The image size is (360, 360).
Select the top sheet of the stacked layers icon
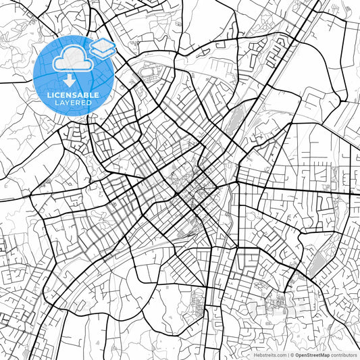(x=103, y=44)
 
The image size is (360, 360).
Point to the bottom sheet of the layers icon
(x=103, y=53)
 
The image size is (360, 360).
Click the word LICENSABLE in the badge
(x=73, y=95)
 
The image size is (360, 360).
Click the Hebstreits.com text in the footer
(x=268, y=354)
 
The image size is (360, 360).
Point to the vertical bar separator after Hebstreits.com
(x=287, y=354)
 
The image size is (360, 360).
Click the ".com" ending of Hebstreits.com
(x=280, y=354)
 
